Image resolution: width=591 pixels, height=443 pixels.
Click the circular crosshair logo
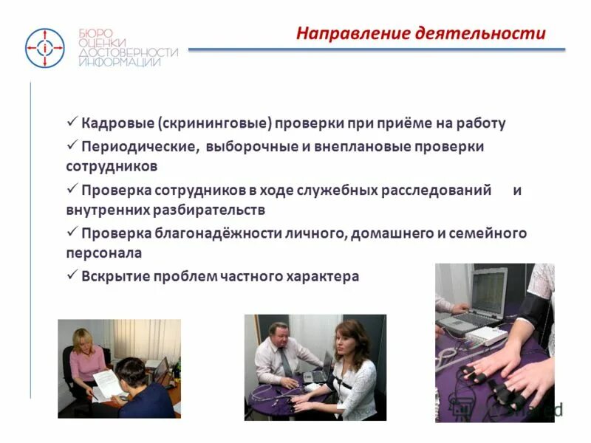click(x=45, y=48)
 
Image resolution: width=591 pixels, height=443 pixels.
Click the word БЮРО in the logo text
click(x=95, y=33)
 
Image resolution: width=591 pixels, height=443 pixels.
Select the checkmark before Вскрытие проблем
click(x=72, y=275)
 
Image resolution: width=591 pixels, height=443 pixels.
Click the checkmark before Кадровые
click(x=72, y=122)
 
